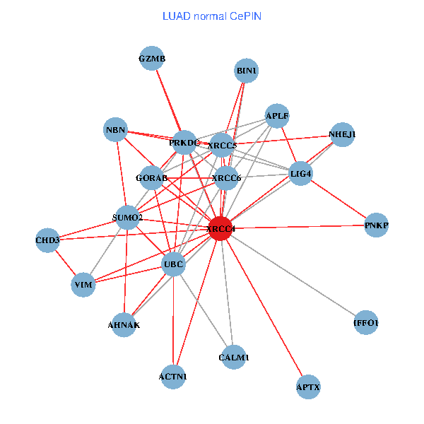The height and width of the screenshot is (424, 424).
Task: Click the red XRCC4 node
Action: (221, 229)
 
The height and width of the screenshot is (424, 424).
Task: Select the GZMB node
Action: (152, 59)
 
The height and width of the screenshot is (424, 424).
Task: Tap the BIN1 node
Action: (247, 71)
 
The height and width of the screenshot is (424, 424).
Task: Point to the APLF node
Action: (277, 116)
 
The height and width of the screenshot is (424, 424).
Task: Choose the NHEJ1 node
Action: (342, 134)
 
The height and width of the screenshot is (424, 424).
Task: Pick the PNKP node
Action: (376, 225)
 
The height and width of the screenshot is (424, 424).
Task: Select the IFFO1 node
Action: (365, 323)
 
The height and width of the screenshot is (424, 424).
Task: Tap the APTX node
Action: (308, 387)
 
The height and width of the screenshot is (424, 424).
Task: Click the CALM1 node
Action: (234, 358)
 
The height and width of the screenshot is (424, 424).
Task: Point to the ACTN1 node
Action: (173, 377)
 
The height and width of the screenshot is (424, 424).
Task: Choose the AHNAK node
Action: (124, 325)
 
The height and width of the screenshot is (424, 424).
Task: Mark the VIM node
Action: (83, 285)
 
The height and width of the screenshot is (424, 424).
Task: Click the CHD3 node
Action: (47, 240)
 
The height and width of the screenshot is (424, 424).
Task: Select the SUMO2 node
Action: (128, 217)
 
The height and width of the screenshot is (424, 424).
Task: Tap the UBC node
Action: (173, 265)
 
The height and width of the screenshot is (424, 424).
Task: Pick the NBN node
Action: (115, 130)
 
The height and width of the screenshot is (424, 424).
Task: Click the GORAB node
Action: (151, 177)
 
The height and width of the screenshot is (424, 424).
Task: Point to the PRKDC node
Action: (184, 143)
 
